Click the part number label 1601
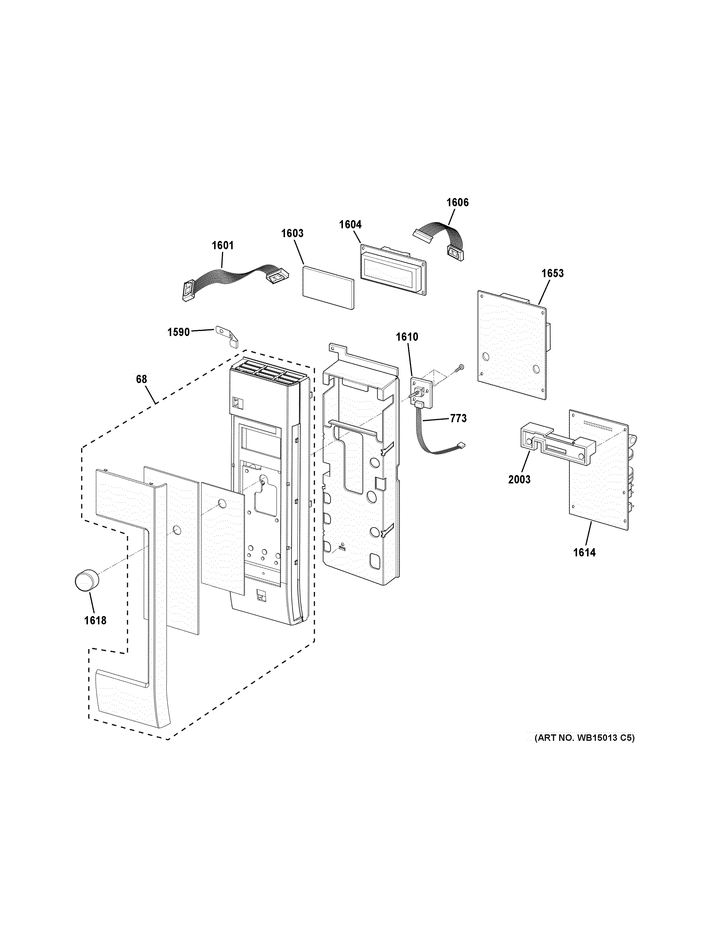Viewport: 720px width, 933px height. coord(222,246)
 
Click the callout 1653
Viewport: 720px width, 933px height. coord(553,273)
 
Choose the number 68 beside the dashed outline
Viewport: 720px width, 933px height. coord(141,379)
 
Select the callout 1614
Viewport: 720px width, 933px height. coord(584,552)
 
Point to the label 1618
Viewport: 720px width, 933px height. coord(95,620)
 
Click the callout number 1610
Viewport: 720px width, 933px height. coord(407,337)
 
